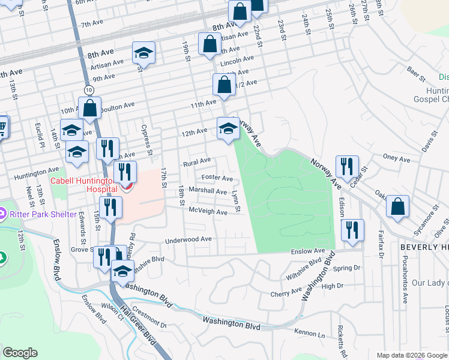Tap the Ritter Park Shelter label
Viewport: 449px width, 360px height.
point(42,214)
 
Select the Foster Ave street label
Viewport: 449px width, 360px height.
point(217,178)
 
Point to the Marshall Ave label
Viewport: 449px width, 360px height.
point(208,191)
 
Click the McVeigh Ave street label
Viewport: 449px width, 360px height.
point(208,212)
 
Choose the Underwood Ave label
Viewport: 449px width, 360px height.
point(189,239)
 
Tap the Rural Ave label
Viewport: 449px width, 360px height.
point(197,161)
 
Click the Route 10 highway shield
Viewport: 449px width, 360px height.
point(89,89)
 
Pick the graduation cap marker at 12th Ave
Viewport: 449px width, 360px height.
point(228,128)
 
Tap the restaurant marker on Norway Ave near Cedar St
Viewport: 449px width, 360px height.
point(346,166)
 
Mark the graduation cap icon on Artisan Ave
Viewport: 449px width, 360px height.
point(143,53)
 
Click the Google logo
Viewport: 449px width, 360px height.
point(20,353)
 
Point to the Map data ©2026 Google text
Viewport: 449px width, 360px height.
point(411,355)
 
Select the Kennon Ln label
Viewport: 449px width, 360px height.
point(309,332)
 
